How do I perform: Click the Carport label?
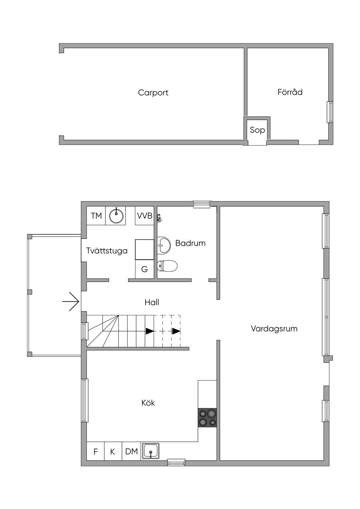153,93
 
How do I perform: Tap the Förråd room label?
290,92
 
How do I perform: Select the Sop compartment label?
257,130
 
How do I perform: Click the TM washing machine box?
96,215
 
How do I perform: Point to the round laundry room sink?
116,215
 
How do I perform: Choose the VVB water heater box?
144,215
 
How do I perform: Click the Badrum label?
190,243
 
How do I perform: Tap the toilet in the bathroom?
167,266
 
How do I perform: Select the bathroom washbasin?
163,245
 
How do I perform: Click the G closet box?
144,269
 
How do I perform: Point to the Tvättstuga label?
107,251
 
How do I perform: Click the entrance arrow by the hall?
70,302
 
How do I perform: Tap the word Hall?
152,302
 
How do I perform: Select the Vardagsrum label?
274,329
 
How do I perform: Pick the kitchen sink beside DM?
150,451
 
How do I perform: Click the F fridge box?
96,451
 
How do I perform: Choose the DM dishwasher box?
131,451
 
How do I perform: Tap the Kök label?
148,403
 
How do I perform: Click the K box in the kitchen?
113,451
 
